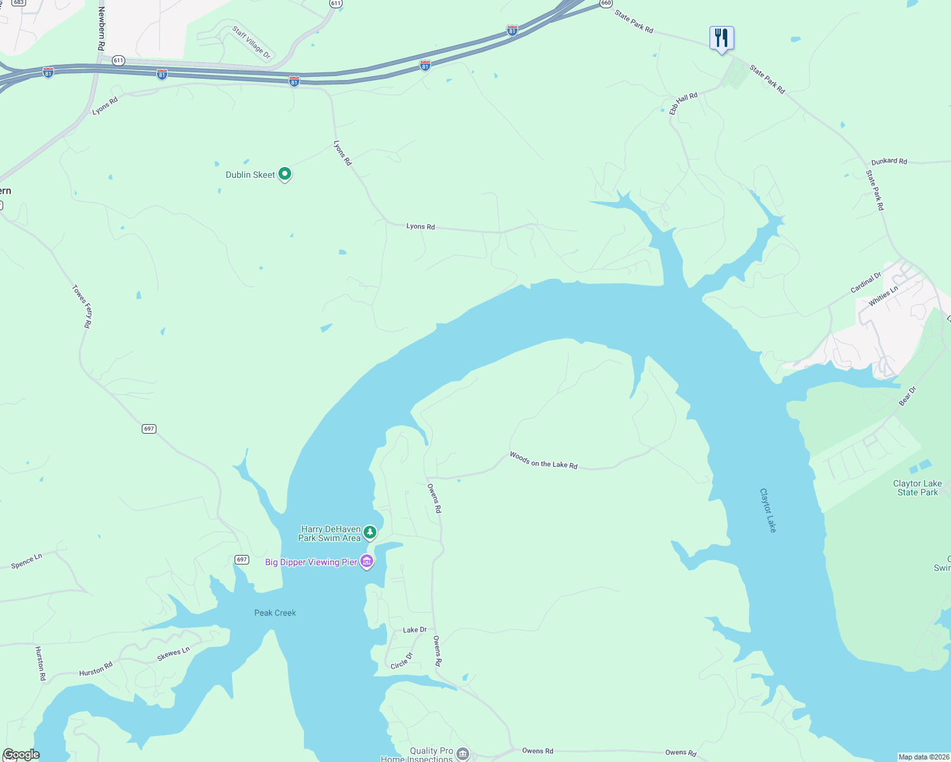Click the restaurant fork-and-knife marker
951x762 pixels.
tap(722, 38)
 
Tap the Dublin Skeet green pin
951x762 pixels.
tap(285, 173)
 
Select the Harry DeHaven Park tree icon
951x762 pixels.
tap(370, 532)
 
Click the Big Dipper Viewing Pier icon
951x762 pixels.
tap(367, 561)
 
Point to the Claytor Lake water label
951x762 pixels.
tap(768, 510)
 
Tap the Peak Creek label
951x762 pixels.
tap(275, 613)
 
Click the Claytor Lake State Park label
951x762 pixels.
tap(917, 488)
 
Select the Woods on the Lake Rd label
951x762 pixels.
tap(544, 460)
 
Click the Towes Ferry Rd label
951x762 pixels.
tap(81, 306)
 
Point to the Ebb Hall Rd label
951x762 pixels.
tap(683, 103)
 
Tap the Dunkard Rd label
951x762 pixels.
tap(889, 161)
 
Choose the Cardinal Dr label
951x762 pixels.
tap(866, 283)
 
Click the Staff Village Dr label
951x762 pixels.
tap(251, 43)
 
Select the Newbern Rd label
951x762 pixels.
tap(101, 29)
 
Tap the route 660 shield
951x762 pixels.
tap(606, 3)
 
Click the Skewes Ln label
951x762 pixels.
tap(173, 653)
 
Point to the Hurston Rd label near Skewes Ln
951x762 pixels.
tap(95, 669)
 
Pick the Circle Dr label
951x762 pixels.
tap(402, 660)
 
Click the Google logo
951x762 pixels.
tap(21, 754)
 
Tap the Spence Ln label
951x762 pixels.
tap(27, 561)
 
